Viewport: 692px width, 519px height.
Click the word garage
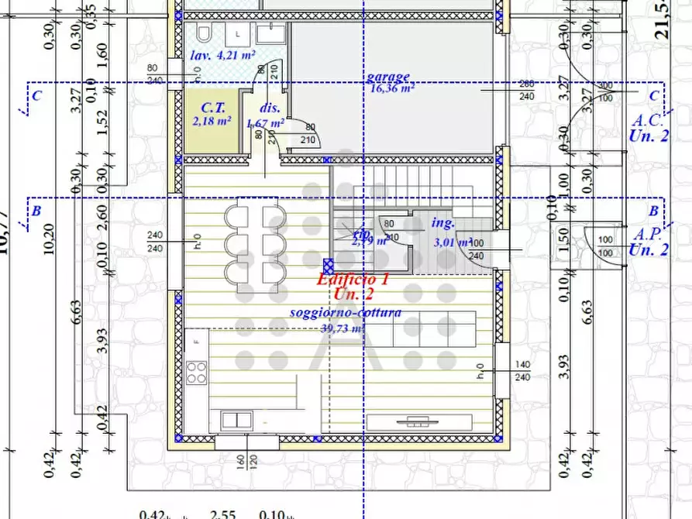[388, 77]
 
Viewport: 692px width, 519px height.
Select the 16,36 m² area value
[391, 88]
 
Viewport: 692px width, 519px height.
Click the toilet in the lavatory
[205, 34]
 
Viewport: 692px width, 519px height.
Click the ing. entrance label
[442, 223]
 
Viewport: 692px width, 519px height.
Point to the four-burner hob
[196, 373]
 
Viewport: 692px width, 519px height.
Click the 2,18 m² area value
[212, 121]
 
